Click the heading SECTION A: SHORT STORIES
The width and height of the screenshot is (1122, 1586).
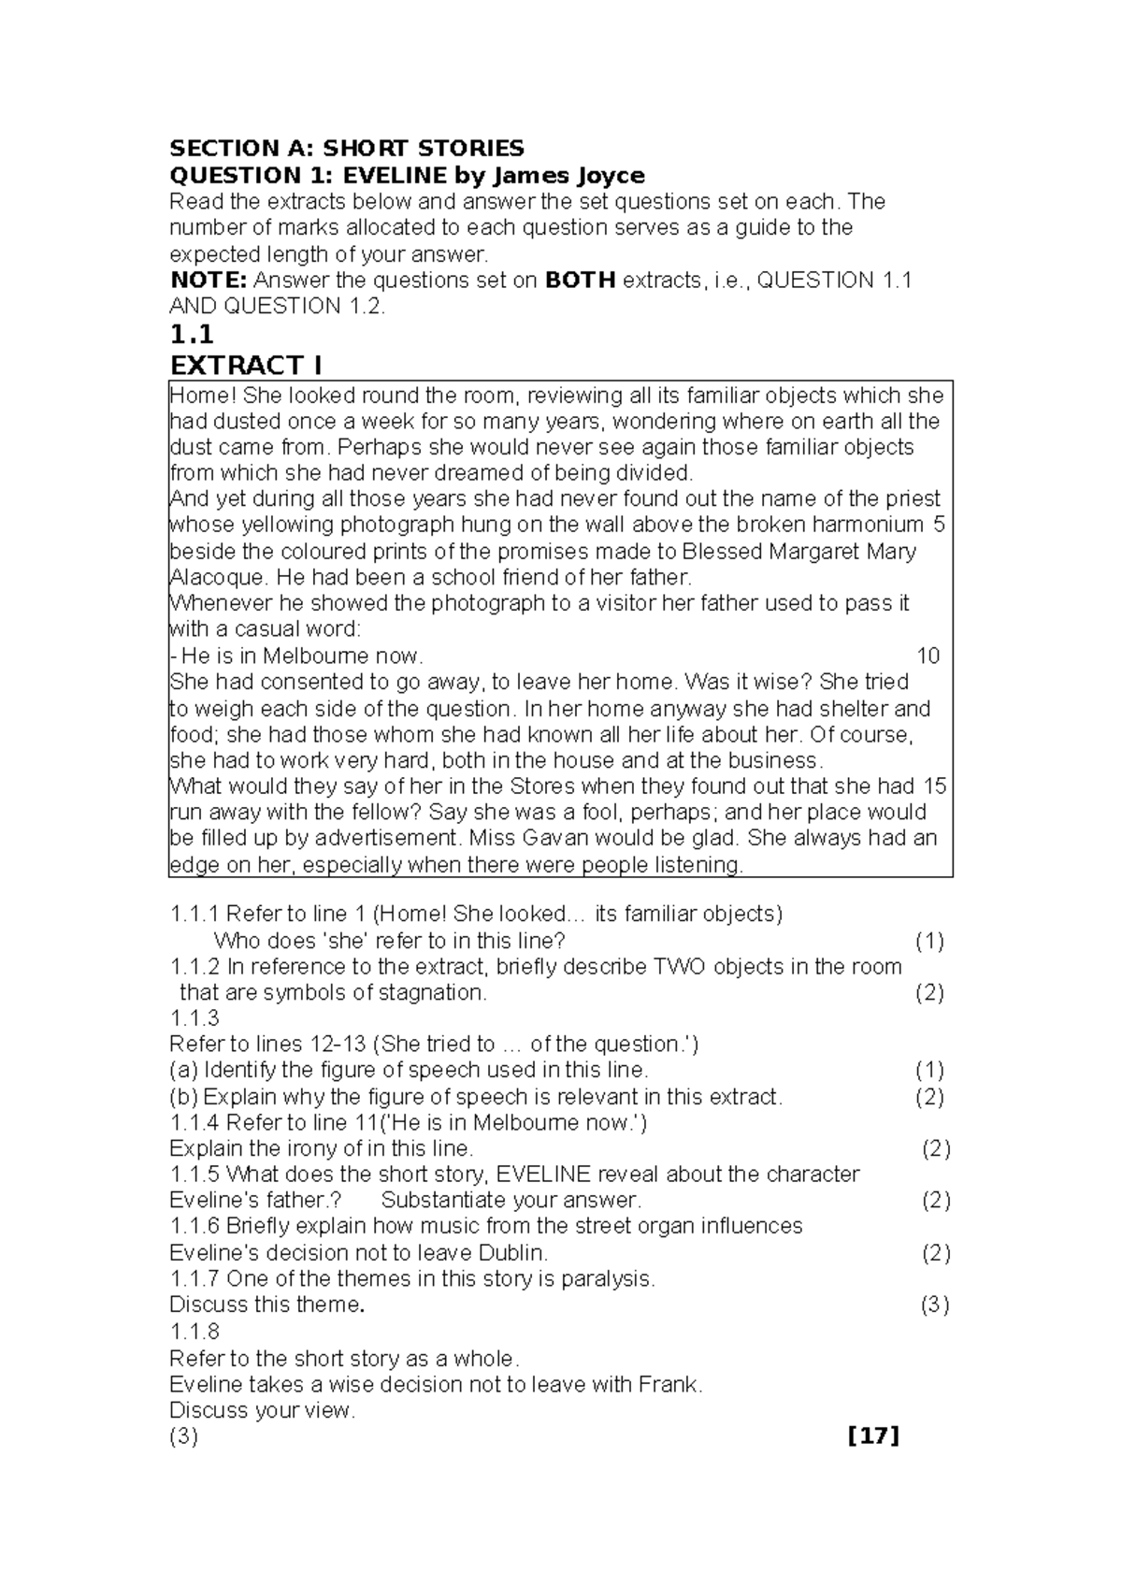tap(346, 148)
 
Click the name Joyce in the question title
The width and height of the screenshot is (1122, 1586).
tap(607, 175)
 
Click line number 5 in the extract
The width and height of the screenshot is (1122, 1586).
tap(939, 524)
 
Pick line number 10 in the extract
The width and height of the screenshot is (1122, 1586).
tap(928, 656)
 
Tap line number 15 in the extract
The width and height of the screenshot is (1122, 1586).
tap(934, 786)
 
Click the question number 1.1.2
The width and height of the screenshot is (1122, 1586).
tap(194, 966)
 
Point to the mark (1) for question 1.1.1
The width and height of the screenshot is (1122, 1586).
tap(928, 941)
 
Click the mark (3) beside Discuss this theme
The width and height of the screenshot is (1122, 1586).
tap(935, 1305)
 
